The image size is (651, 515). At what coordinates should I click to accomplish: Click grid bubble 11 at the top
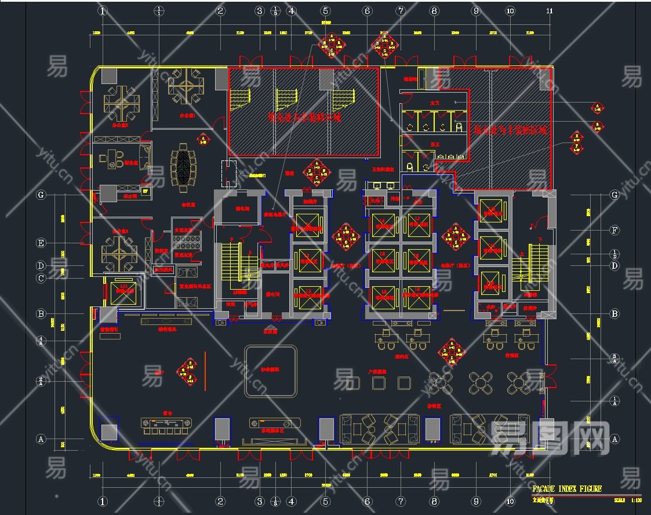(549, 10)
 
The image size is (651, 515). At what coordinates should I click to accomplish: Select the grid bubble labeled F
(614, 230)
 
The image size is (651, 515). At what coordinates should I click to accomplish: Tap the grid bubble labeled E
(41, 243)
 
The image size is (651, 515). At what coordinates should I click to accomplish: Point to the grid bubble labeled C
(41, 278)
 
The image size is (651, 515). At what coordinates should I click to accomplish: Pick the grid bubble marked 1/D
(614, 254)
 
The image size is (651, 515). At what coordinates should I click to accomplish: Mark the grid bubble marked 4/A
(41, 340)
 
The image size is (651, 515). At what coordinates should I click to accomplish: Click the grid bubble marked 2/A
(41, 381)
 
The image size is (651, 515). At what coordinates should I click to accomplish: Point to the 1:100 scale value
(635, 499)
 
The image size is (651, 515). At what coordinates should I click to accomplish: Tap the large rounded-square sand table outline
(271, 371)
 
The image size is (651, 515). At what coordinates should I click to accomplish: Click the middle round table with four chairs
(480, 382)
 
